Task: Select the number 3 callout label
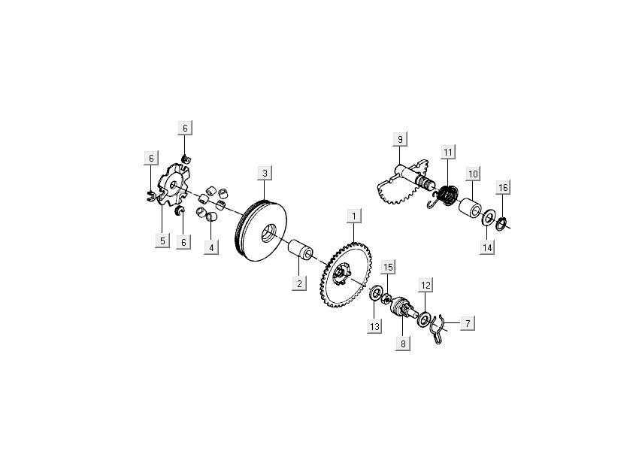(x=264, y=174)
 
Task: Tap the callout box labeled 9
(x=400, y=139)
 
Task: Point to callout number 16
(x=502, y=187)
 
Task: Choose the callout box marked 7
(x=467, y=324)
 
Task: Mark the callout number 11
(x=447, y=153)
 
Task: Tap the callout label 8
(x=403, y=344)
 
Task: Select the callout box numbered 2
(x=298, y=283)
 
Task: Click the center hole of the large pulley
(x=266, y=234)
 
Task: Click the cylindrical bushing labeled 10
(x=471, y=209)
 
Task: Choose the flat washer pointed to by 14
(x=487, y=218)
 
